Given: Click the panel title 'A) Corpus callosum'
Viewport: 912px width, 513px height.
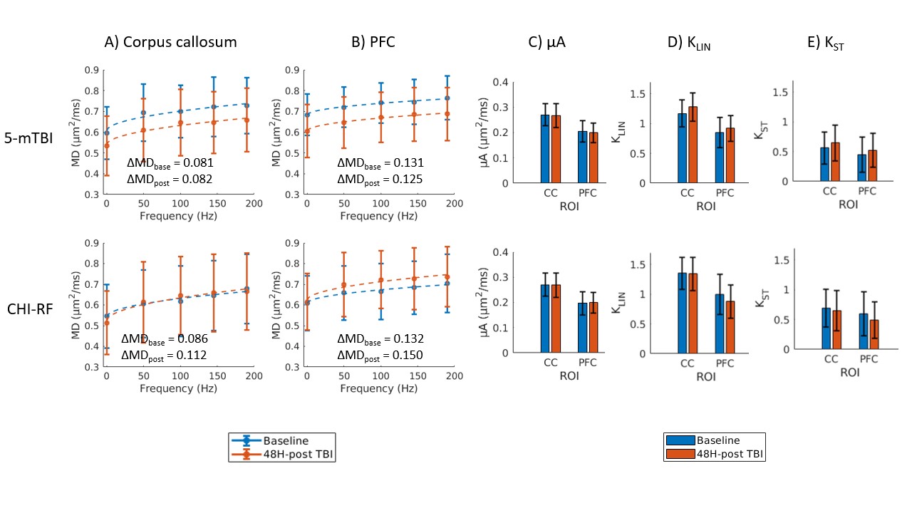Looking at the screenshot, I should [170, 42].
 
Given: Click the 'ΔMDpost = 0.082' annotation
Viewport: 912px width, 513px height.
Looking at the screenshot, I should [170, 179].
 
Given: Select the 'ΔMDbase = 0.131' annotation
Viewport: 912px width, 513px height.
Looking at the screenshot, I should [379, 162].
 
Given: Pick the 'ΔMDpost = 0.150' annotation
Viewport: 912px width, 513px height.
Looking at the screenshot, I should [379, 355].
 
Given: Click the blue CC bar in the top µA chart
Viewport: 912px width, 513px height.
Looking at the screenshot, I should [545, 148].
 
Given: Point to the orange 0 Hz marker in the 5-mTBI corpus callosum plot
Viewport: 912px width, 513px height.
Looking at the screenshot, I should [106, 145].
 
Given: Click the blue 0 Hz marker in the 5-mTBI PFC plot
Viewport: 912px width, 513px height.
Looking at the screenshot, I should [307, 115].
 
